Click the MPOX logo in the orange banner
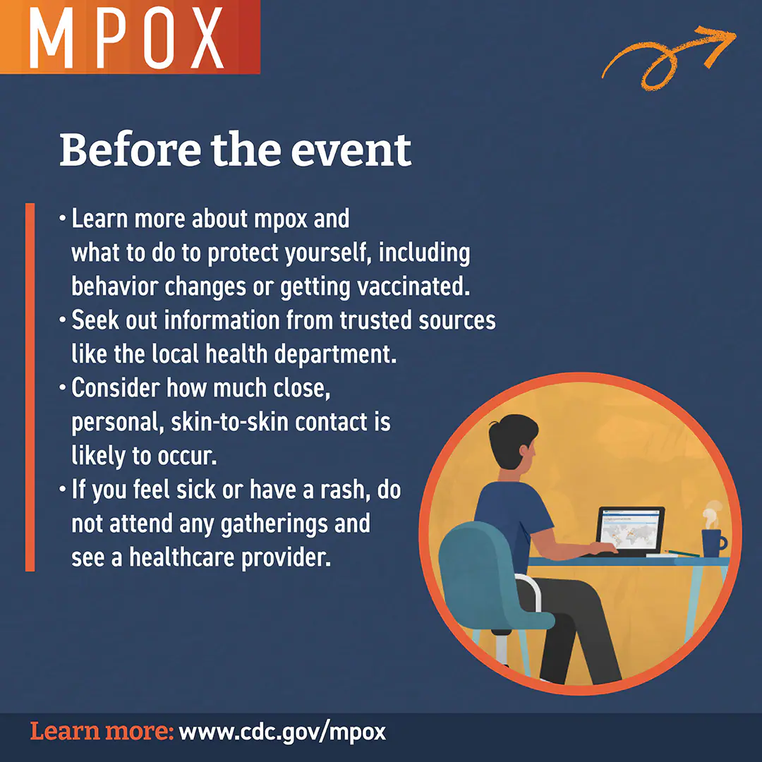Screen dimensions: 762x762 coord(127,37)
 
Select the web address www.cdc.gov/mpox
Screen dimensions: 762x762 coord(282,731)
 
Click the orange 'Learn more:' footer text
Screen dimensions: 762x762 coord(102,731)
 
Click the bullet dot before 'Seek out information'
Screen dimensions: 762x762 coord(62,321)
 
